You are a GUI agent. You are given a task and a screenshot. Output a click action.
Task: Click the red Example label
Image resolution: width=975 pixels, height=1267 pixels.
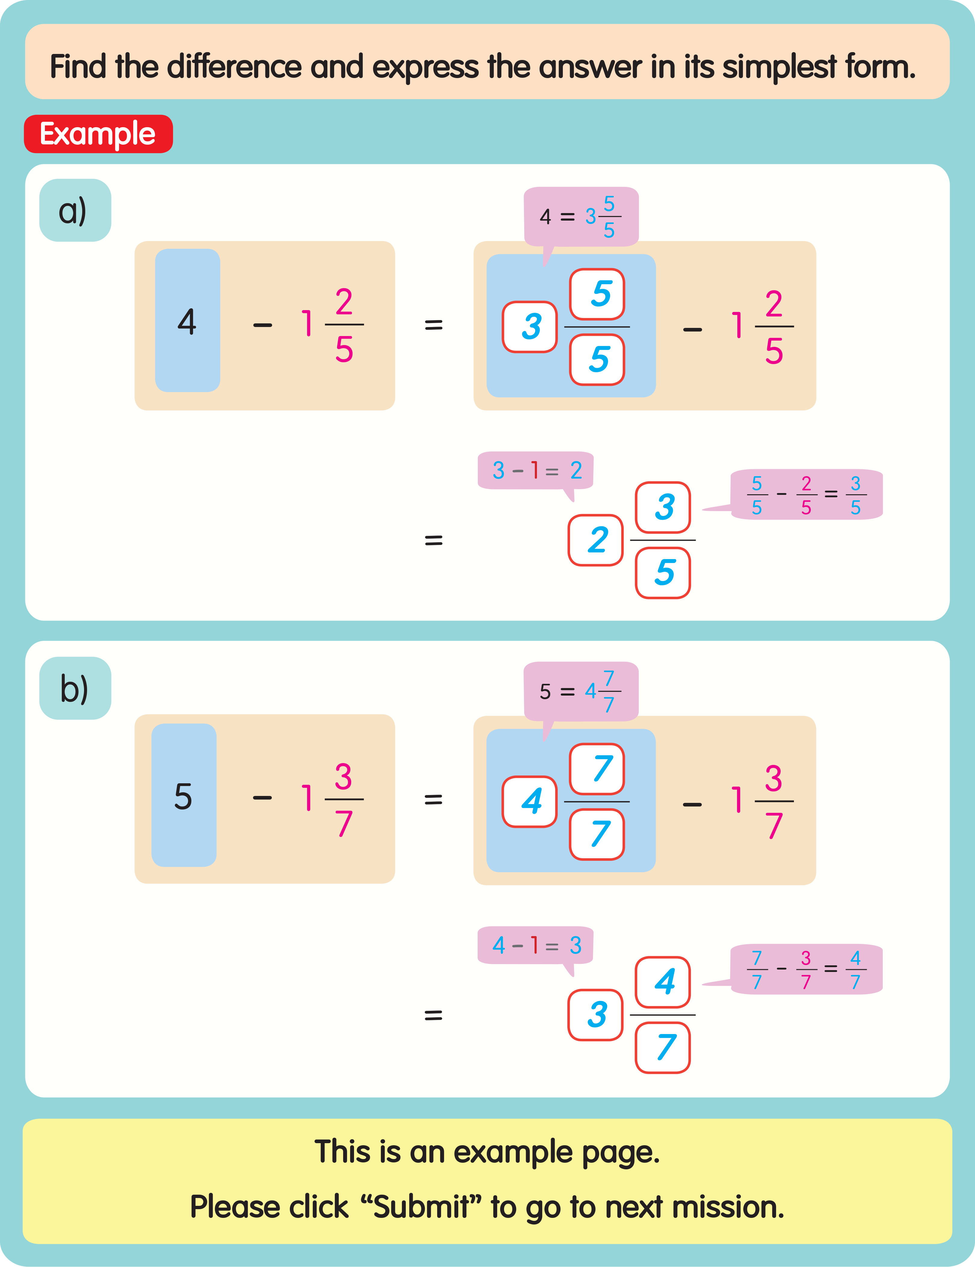click(x=98, y=134)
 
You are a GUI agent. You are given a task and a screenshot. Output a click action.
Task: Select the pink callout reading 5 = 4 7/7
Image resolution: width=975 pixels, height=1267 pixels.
click(x=581, y=691)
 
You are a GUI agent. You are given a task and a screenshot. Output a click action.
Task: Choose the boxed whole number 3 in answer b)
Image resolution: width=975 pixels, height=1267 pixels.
click(x=596, y=1015)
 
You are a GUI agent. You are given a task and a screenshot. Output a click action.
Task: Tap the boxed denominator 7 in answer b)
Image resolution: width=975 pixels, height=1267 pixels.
click(x=663, y=1048)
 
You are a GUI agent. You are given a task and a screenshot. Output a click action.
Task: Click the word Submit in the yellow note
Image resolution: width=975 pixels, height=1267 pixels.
click(x=422, y=1207)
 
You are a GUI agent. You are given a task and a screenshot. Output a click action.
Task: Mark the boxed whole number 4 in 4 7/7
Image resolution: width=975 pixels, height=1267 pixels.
click(x=530, y=801)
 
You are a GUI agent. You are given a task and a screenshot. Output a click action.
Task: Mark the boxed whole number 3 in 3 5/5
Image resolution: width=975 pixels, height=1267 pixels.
click(x=530, y=327)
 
